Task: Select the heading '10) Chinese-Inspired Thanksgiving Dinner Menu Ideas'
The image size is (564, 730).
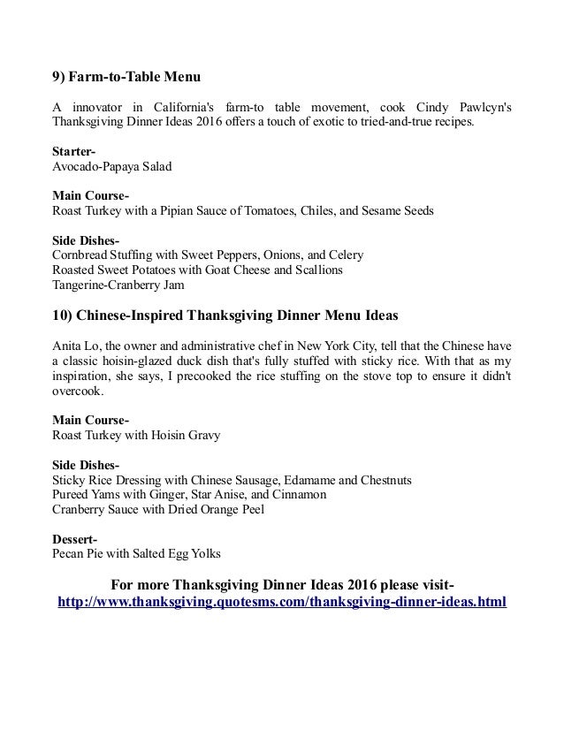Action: point(225,316)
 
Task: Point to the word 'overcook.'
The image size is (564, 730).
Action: point(78,391)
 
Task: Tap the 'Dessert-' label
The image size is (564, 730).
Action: point(75,539)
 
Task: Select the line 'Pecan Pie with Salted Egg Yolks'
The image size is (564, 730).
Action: point(137,554)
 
